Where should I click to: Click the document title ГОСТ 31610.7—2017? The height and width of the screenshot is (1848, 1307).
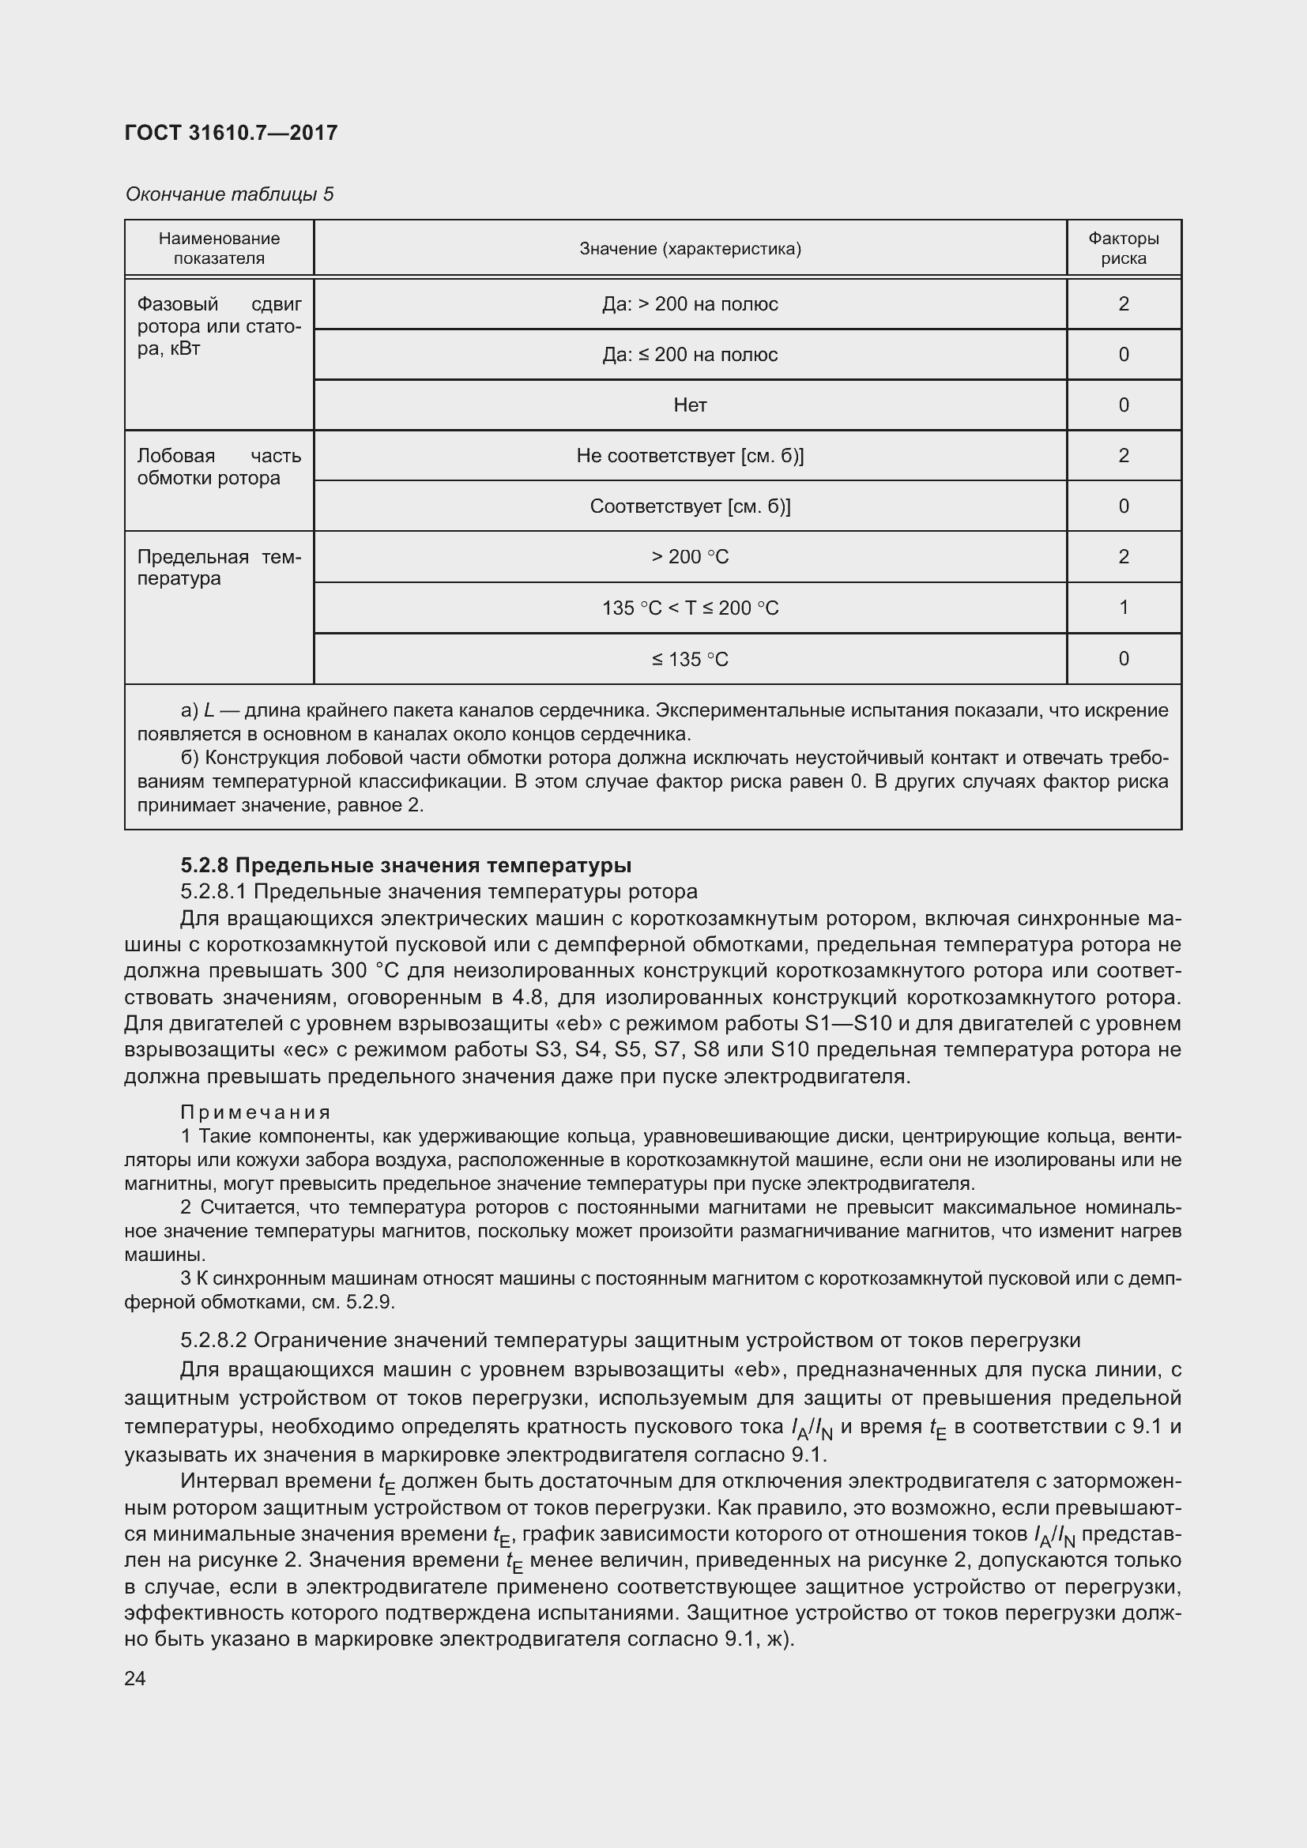coord(231,133)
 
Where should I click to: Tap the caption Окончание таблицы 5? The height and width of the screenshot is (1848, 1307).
coord(229,194)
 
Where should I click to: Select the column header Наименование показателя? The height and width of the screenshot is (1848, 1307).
coord(219,248)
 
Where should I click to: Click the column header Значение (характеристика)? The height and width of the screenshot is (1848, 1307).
coord(690,249)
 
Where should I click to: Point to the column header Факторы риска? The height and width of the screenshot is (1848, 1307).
coord(1124,248)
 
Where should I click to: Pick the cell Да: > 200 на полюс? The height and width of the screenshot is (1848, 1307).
coord(690,304)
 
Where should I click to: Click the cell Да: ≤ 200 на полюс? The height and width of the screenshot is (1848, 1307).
coord(690,355)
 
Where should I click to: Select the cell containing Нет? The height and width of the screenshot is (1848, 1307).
coord(690,405)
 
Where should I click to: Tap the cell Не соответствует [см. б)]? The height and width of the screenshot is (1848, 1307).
coord(690,456)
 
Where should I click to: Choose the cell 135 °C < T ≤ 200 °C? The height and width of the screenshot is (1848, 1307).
coord(690,608)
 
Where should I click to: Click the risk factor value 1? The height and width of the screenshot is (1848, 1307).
coord(1124,608)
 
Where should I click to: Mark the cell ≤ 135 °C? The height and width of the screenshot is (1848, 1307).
coord(690,659)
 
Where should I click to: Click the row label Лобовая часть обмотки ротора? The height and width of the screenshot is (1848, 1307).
coord(219,467)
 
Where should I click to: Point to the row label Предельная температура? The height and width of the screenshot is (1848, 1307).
coord(219,567)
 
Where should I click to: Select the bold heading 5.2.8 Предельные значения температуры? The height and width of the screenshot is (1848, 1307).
coord(405,865)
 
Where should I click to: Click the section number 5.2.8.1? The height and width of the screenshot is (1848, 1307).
coord(214,892)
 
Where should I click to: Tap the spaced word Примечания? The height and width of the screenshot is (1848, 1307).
coord(256,1112)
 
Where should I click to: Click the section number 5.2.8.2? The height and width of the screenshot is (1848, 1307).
coord(214,1340)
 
